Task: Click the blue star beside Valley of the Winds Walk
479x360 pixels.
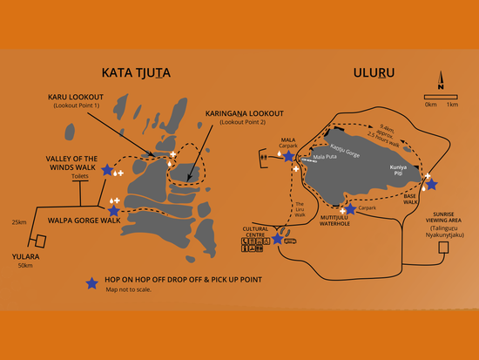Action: [x=107, y=170]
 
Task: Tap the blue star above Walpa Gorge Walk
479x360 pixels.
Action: [x=113, y=210]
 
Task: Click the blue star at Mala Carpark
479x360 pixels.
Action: [x=288, y=156]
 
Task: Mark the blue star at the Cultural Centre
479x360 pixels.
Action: [x=277, y=238]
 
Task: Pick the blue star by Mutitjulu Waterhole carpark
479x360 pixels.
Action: [x=350, y=210]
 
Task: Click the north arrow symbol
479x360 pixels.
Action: [x=442, y=85]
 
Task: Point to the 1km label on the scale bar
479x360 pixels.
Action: [x=452, y=105]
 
